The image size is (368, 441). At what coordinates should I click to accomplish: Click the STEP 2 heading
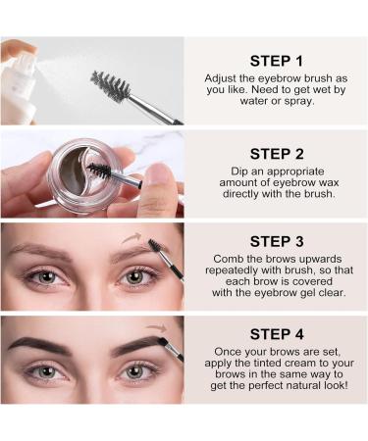pos(276,153)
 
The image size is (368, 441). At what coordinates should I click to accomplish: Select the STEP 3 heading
pos(276,240)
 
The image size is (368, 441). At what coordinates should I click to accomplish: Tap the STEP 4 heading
pos(276,332)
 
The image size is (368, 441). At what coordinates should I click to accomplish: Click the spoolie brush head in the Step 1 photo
pos(111,87)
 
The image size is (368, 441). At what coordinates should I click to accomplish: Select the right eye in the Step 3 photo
pos(134,277)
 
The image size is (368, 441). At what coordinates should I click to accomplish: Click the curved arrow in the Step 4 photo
pos(155,329)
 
